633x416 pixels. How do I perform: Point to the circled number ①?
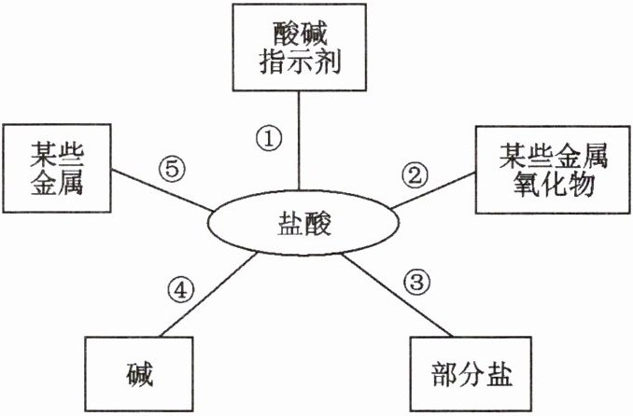[x=269, y=139]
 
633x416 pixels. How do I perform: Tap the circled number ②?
[x=414, y=173]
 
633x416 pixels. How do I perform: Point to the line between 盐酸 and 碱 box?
[x=210, y=293]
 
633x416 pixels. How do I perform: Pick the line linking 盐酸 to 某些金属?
[x=159, y=189]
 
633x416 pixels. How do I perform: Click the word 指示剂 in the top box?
[x=298, y=64]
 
